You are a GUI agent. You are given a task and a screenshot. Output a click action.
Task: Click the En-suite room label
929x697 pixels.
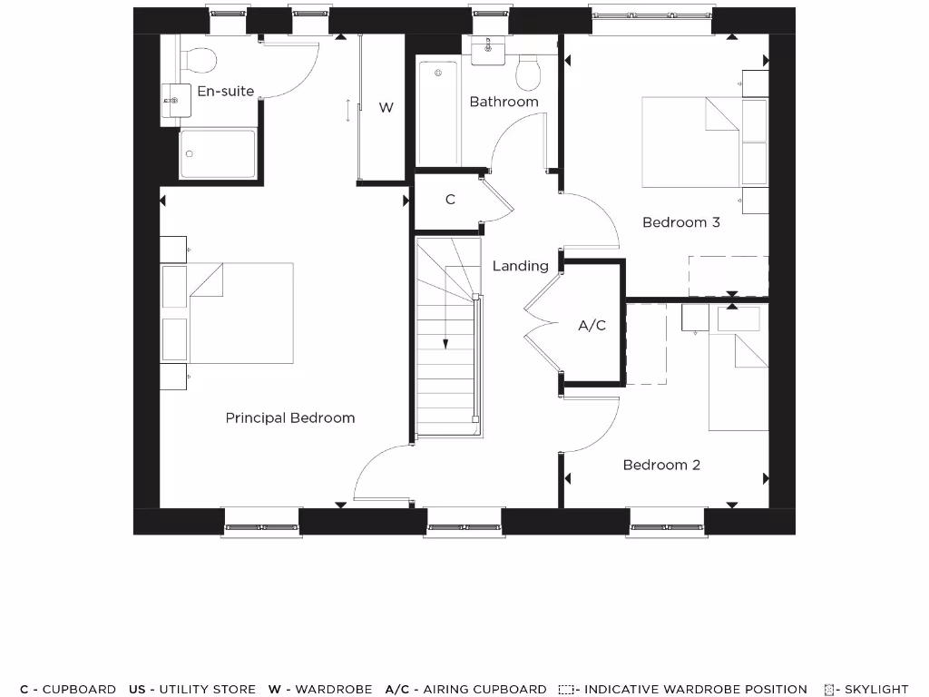(x=225, y=91)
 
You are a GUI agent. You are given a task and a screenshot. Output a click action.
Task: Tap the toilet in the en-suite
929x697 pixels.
(x=198, y=60)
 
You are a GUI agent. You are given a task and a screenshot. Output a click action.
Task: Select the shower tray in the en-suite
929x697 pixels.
(x=218, y=153)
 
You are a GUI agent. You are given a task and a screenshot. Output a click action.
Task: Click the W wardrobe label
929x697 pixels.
(x=386, y=107)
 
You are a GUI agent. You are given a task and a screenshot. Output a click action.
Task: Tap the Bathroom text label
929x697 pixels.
(x=504, y=102)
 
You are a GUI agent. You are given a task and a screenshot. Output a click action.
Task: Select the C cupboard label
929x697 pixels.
(x=450, y=200)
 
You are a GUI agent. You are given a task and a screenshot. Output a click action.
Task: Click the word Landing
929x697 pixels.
(x=520, y=266)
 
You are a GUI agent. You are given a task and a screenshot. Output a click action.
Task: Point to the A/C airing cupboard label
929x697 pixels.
(x=592, y=325)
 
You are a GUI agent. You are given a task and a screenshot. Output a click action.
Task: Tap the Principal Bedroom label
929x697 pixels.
(x=289, y=417)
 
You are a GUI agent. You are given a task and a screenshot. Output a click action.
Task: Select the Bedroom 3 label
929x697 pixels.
(x=680, y=222)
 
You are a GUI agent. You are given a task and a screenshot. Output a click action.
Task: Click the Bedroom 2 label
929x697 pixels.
(x=661, y=465)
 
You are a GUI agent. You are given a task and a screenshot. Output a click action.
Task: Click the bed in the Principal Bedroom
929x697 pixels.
(x=240, y=313)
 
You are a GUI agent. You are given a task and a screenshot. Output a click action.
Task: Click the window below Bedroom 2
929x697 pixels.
(x=667, y=524)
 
